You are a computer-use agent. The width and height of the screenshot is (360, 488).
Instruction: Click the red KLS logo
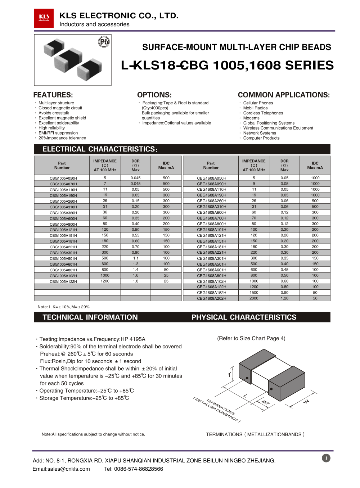(44, 18)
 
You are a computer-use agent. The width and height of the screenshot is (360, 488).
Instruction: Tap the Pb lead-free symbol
(104, 42)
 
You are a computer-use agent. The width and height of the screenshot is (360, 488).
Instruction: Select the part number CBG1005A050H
(63, 178)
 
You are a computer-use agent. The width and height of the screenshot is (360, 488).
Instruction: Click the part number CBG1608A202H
(212, 298)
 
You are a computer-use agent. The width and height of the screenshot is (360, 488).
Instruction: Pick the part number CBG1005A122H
(63, 281)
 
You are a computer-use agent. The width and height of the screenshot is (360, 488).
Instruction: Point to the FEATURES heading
(53, 95)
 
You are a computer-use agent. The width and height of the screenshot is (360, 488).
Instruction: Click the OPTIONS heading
(154, 95)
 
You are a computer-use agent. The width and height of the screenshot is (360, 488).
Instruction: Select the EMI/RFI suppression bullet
(58, 133)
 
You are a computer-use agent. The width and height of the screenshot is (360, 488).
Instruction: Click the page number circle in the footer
(326, 458)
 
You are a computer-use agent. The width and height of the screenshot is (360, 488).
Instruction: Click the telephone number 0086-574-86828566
(138, 469)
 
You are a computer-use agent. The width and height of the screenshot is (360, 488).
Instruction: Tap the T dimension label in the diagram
(230, 375)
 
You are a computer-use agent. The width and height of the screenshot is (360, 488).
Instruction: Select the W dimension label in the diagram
(306, 401)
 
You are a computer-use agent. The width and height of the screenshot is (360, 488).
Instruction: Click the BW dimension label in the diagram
(265, 403)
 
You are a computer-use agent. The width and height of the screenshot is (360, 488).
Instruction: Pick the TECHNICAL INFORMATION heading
(90, 317)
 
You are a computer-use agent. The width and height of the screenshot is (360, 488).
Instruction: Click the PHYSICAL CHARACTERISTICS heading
(244, 317)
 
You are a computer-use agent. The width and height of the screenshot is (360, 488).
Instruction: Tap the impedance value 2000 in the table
(254, 298)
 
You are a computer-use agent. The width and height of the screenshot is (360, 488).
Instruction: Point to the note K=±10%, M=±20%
(64, 307)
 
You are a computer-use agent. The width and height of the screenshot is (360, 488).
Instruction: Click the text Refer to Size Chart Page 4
(251, 338)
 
